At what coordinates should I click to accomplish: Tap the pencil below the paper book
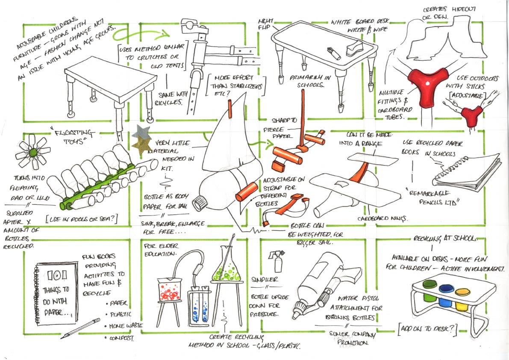(75, 329)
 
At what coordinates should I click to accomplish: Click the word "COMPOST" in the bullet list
(121, 339)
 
